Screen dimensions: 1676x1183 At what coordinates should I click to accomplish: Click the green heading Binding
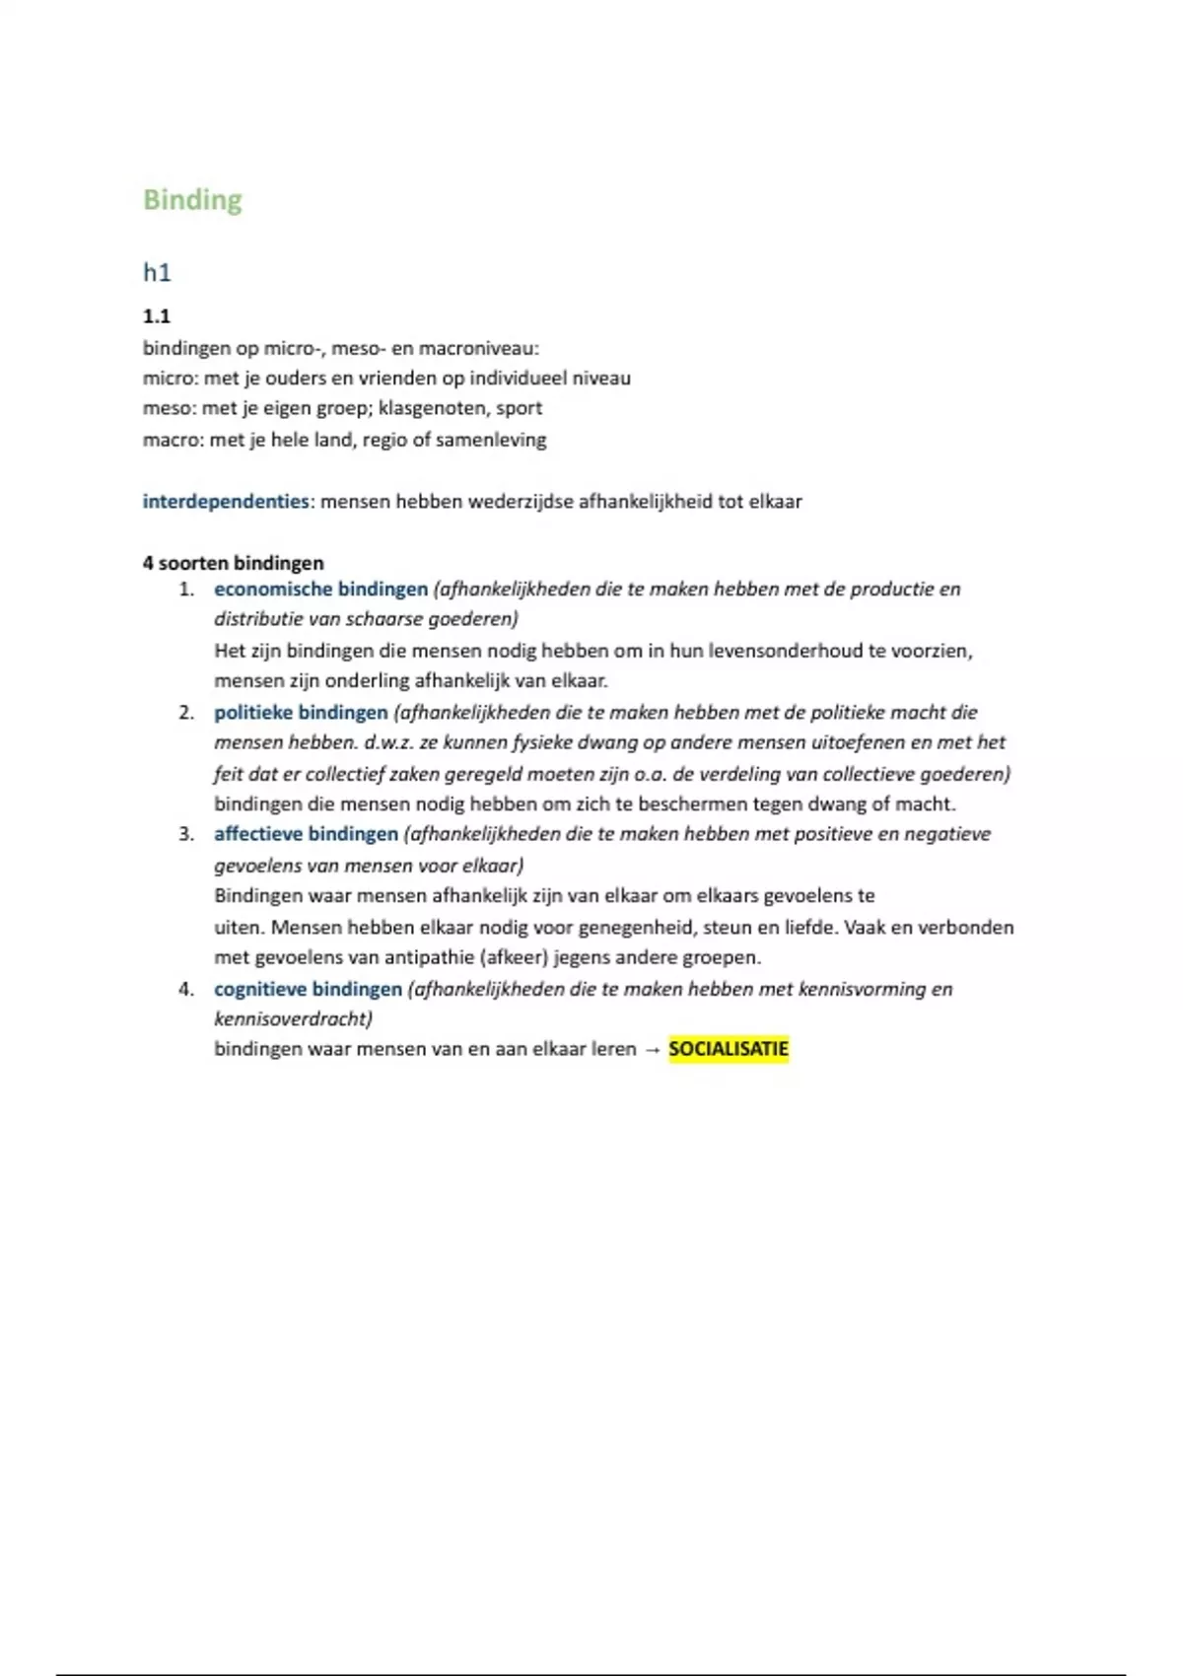[x=192, y=200]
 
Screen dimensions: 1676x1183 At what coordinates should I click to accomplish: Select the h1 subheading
[x=157, y=272]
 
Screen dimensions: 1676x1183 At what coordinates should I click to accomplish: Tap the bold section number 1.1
[x=157, y=316]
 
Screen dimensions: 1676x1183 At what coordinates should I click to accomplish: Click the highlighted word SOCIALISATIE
[x=729, y=1049]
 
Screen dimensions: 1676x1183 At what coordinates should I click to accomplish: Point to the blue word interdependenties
[x=226, y=501]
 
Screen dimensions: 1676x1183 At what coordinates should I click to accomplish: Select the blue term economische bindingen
[x=320, y=590]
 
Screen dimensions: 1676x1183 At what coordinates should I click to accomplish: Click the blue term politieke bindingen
[x=301, y=712]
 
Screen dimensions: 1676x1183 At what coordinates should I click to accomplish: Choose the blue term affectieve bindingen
[x=306, y=834]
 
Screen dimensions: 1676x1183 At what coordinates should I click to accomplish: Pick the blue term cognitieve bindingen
[x=308, y=989]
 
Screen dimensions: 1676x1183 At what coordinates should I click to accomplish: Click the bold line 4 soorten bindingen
[x=233, y=563]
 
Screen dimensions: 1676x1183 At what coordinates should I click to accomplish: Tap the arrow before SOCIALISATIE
[x=652, y=1050]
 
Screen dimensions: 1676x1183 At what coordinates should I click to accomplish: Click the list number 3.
[x=186, y=834]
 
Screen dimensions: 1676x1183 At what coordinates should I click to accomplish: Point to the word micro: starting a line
[x=171, y=379]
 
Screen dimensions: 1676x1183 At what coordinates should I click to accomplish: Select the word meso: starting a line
[x=170, y=408]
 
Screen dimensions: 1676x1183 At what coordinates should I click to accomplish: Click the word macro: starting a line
[x=174, y=440]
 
